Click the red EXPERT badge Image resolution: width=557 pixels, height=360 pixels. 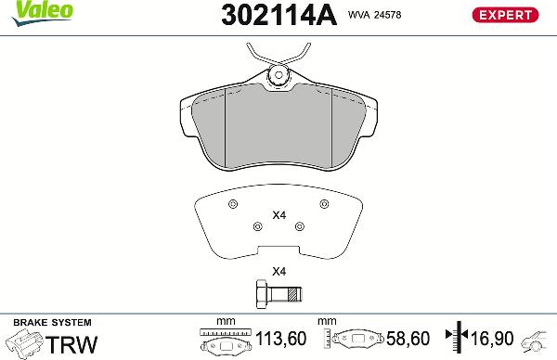(x=507, y=14)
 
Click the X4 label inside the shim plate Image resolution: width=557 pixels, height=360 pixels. (x=278, y=216)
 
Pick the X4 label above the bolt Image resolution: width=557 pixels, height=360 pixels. (x=278, y=272)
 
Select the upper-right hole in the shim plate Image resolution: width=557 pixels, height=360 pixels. (x=324, y=204)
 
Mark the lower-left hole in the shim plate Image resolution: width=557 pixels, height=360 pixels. (x=257, y=225)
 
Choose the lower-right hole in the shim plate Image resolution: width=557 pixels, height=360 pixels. (x=298, y=225)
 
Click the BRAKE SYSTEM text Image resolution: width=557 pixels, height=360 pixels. (x=41, y=320)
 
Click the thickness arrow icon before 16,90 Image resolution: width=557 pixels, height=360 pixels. (x=455, y=340)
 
